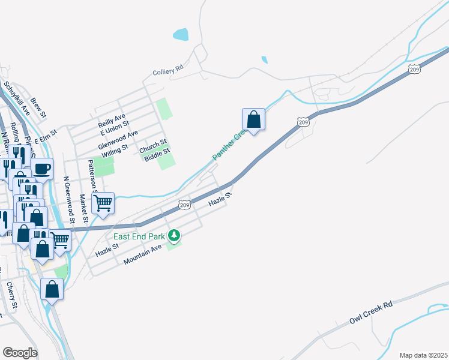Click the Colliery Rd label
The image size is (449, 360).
pyautogui.click(x=168, y=71)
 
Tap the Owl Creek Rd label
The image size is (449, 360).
pyautogui.click(x=371, y=313)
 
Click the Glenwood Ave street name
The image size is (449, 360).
pyautogui.click(x=119, y=140)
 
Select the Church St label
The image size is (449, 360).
pyautogui.click(x=153, y=146)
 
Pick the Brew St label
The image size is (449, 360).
pyautogui.click(x=38, y=107)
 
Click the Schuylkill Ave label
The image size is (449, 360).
pyautogui.click(x=16, y=99)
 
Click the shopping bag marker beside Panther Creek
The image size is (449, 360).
pyautogui.click(x=253, y=119)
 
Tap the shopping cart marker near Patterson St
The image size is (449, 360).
pyautogui.click(x=103, y=203)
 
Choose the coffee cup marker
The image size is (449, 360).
pyautogui.click(x=42, y=169)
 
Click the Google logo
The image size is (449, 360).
pyautogui.click(x=20, y=352)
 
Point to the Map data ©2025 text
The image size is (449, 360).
pyautogui.click(x=423, y=355)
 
